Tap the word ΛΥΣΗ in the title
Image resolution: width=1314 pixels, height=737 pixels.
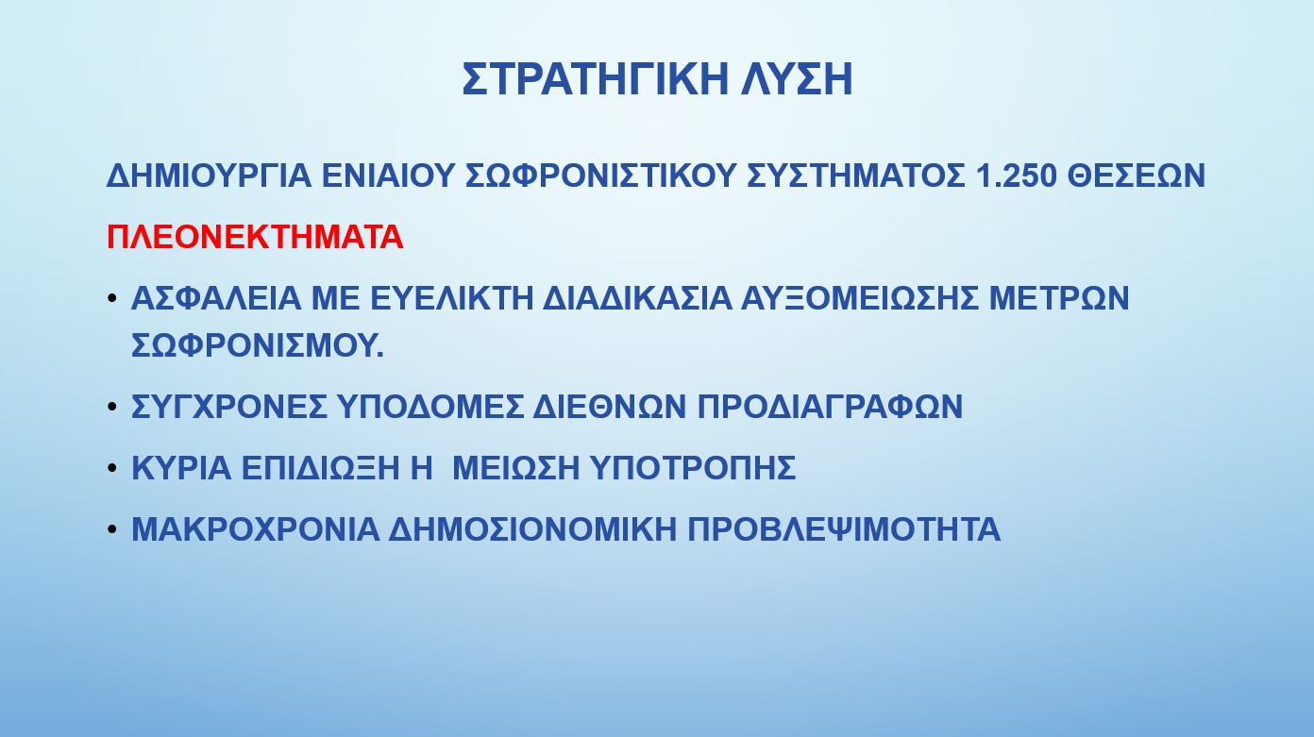tap(797, 78)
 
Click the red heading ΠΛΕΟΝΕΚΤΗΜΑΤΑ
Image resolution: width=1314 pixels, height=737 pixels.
tap(255, 237)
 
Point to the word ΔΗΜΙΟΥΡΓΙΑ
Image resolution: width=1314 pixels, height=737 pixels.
tap(209, 176)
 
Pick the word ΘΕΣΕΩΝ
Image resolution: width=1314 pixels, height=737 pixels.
tap(1137, 176)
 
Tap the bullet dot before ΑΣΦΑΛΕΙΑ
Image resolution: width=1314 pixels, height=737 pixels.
tap(112, 298)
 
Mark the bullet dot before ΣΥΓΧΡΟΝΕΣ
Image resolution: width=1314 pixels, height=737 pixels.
tap(112, 406)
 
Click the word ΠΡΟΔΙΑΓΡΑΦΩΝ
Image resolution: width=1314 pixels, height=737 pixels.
tap(830, 406)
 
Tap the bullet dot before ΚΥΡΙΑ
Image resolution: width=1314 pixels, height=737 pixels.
tap(112, 468)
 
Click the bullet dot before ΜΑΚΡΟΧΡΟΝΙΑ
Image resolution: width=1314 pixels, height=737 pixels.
tap(112, 528)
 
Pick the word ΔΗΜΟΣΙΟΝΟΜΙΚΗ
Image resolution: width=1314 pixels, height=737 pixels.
tap(531, 528)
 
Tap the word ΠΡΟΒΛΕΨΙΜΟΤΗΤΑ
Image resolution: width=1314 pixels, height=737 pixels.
tap(844, 528)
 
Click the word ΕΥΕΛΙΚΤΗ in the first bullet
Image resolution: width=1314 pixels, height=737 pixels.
tap(451, 298)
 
